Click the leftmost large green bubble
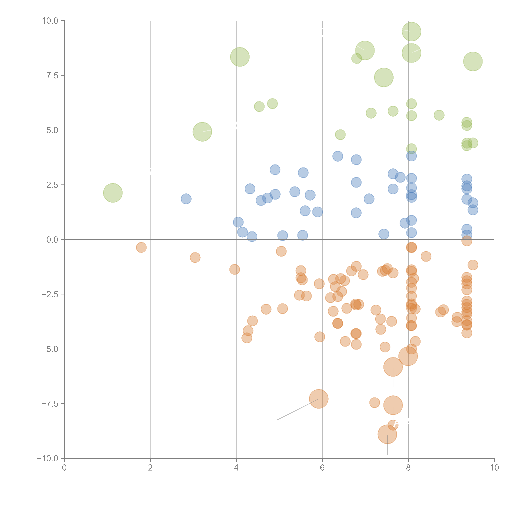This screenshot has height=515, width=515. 113,193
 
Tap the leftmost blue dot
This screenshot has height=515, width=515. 186,199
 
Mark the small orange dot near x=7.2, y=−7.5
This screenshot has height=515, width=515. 375,403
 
